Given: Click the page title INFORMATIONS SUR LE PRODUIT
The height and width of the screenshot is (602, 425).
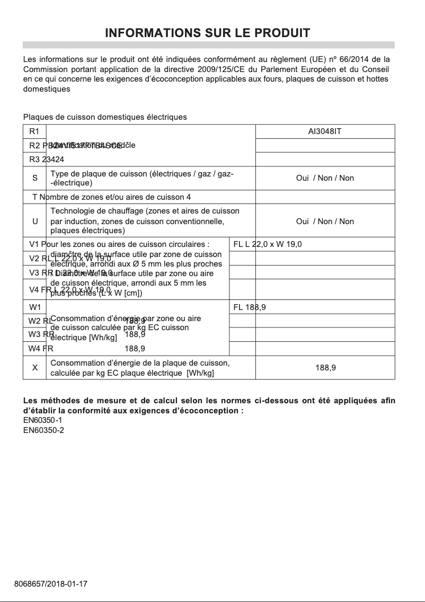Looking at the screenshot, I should pyautogui.click(x=208, y=33).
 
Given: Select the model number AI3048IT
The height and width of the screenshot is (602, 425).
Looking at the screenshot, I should pyautogui.click(x=325, y=131).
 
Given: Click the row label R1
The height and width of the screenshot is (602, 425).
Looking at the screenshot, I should pyautogui.click(x=34, y=131).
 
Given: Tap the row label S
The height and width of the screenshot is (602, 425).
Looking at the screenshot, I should pyautogui.click(x=34, y=178).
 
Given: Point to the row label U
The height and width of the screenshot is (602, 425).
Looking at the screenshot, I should pyautogui.click(x=34, y=222).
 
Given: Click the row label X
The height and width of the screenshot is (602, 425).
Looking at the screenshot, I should pyautogui.click(x=34, y=367).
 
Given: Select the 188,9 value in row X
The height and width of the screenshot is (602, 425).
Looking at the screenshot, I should pyautogui.click(x=325, y=367).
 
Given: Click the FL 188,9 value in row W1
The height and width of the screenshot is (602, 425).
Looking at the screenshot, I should pyautogui.click(x=250, y=307).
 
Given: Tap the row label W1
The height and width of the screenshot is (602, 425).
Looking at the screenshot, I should pyautogui.click(x=34, y=307).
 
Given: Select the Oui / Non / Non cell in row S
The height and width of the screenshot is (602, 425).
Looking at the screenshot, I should pyautogui.click(x=325, y=178).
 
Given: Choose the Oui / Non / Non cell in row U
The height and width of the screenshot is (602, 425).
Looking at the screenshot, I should pyautogui.click(x=325, y=222).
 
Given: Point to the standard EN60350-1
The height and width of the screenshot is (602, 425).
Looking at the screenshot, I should pyautogui.click(x=43, y=420).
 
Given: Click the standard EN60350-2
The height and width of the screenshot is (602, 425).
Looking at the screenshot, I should pyautogui.click(x=43, y=430).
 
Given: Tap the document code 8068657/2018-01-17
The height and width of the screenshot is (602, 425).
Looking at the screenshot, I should pyautogui.click(x=50, y=584).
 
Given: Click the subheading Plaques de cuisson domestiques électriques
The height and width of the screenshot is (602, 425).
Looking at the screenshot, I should pyautogui.click(x=105, y=117).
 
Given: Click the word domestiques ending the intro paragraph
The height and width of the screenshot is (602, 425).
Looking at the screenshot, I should pyautogui.click(x=47, y=89).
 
